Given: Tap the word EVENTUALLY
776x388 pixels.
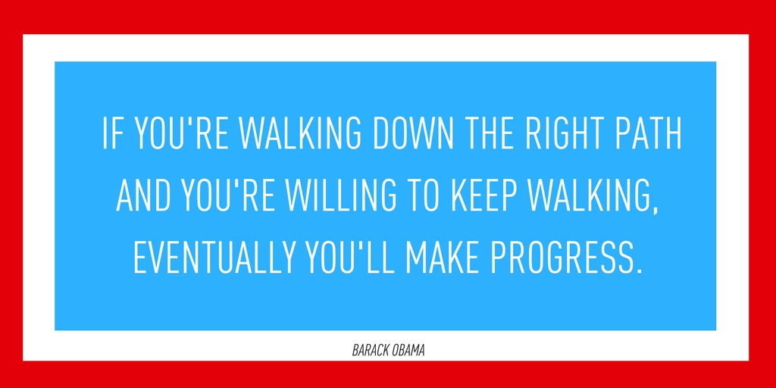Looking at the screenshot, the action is point(216,258).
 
